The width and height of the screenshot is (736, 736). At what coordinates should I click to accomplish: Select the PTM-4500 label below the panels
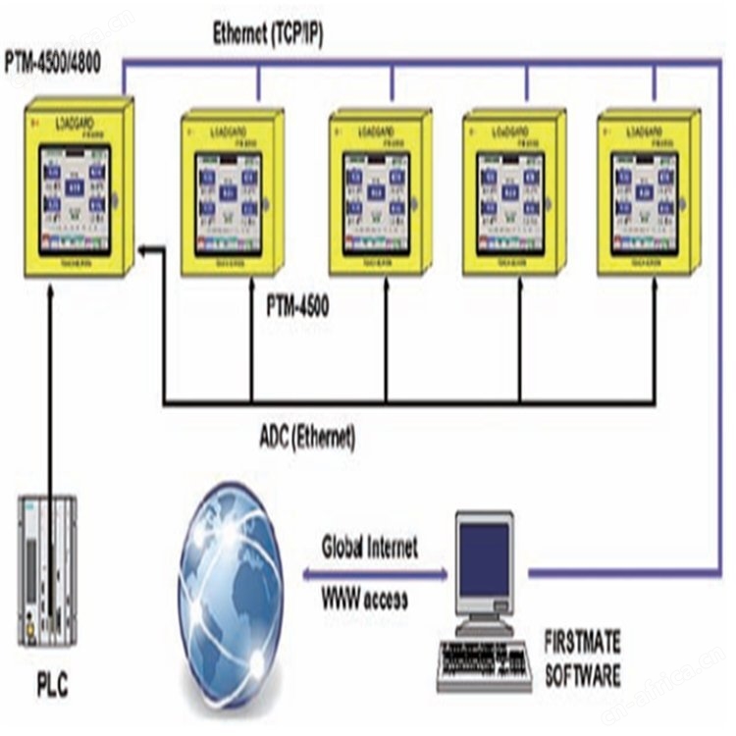pyautogui.click(x=297, y=306)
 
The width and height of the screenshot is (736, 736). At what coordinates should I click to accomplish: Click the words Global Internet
pyautogui.click(x=369, y=548)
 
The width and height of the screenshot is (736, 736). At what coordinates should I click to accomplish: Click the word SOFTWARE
pyautogui.click(x=583, y=675)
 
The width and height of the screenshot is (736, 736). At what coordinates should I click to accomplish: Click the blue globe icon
pyautogui.click(x=232, y=595)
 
